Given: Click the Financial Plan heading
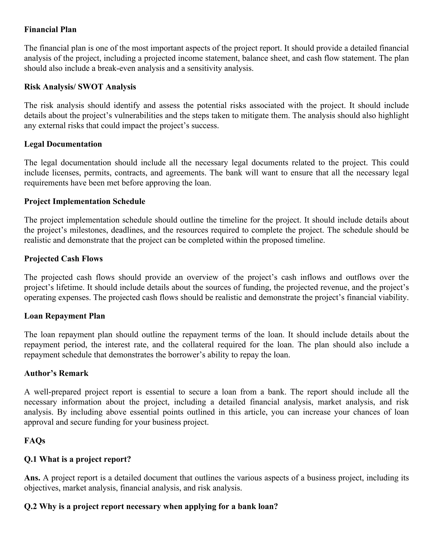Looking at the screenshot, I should pyautogui.click(x=50, y=30).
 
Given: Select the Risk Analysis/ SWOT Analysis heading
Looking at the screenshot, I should pyautogui.click(x=80, y=87).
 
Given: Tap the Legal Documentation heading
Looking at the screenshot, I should pyautogui.click(x=63, y=144).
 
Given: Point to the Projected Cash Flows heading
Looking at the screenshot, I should pyautogui.click(x=63, y=258).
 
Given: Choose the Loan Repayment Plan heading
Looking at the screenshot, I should pyautogui.click(x=65, y=316).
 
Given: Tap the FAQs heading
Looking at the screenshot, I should pyautogui.click(x=35, y=441).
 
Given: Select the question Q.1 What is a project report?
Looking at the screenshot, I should pyautogui.click(x=77, y=459).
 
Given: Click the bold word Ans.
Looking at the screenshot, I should pyautogui.click(x=32, y=478).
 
